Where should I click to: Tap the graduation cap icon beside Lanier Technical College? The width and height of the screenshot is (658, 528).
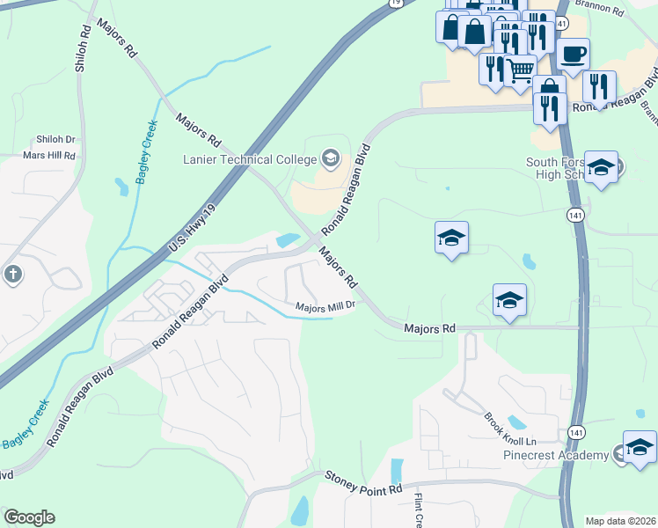point(331,158)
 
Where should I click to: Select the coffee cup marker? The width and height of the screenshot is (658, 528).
point(572,54)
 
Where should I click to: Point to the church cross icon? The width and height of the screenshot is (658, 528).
point(12,275)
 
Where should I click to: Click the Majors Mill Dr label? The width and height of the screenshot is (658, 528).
point(325,306)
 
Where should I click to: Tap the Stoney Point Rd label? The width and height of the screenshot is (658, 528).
point(363,481)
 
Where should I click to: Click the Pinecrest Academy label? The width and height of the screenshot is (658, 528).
point(567,455)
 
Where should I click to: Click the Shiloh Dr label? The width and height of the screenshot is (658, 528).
point(55,140)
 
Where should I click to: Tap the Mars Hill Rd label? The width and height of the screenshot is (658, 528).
point(49,156)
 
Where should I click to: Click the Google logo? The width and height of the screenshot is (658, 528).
point(29,517)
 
